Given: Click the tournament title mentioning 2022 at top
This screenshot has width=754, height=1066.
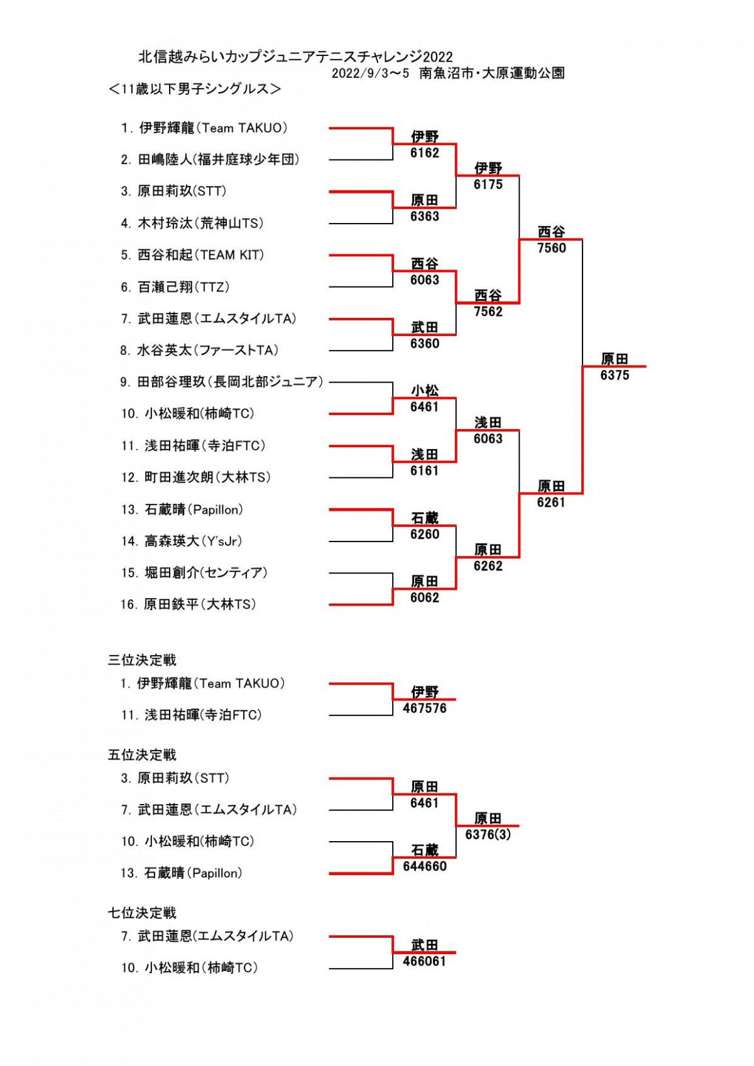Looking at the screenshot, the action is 295,57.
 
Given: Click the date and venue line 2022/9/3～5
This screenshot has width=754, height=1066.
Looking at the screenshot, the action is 448,73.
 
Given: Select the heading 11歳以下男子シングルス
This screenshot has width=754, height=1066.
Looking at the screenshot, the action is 195,89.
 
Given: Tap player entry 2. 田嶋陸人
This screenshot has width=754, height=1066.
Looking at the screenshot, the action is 210,160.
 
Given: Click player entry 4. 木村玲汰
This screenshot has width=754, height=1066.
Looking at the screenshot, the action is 192,223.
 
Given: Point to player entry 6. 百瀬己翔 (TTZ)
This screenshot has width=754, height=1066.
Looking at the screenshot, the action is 175,287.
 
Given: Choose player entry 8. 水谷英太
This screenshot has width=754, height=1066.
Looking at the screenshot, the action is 199,351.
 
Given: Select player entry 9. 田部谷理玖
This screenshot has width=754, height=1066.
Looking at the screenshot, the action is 222,382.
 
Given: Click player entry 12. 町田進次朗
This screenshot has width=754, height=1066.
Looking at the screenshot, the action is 195,477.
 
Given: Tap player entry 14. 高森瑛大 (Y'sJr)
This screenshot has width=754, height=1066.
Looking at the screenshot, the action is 182,541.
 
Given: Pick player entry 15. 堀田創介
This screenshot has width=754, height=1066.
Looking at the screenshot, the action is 194,572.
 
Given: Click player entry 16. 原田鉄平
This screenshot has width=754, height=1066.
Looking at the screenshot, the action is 188,604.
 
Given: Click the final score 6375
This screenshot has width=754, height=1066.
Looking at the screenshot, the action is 615,376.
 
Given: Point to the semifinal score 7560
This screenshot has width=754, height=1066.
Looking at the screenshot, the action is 551,248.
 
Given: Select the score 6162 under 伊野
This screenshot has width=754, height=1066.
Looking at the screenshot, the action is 425,153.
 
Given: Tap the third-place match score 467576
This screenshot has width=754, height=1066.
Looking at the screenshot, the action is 425,709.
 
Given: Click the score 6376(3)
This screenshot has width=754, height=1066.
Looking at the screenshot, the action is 488,835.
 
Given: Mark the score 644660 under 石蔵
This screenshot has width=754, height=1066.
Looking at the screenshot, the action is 425,867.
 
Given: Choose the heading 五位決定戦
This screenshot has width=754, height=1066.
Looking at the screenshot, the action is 142,755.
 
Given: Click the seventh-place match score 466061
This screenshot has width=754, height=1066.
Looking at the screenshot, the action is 425,961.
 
